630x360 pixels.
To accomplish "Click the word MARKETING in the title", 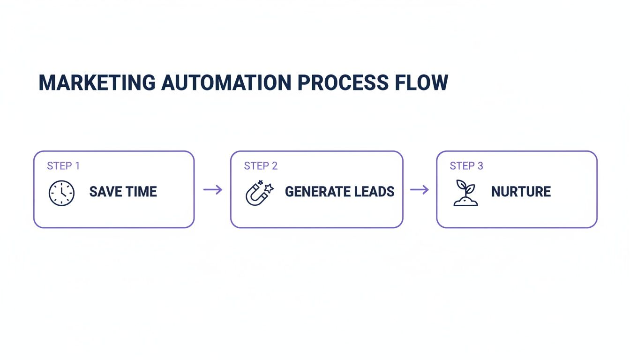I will point(97,82).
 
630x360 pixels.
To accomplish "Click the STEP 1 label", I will point(63,166).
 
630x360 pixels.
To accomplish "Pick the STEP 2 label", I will point(261,166).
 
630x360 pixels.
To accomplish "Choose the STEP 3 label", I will point(466,166).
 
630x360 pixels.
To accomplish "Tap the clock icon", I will point(61,193).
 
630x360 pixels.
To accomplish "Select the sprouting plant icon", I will point(465,193).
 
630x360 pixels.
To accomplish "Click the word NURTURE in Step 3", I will point(521,192).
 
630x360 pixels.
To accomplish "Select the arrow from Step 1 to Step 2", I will point(212,190).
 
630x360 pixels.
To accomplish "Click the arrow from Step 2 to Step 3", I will point(420,190).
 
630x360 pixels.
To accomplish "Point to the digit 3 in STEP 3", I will point(480,166).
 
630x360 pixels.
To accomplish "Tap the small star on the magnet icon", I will point(269,187).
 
